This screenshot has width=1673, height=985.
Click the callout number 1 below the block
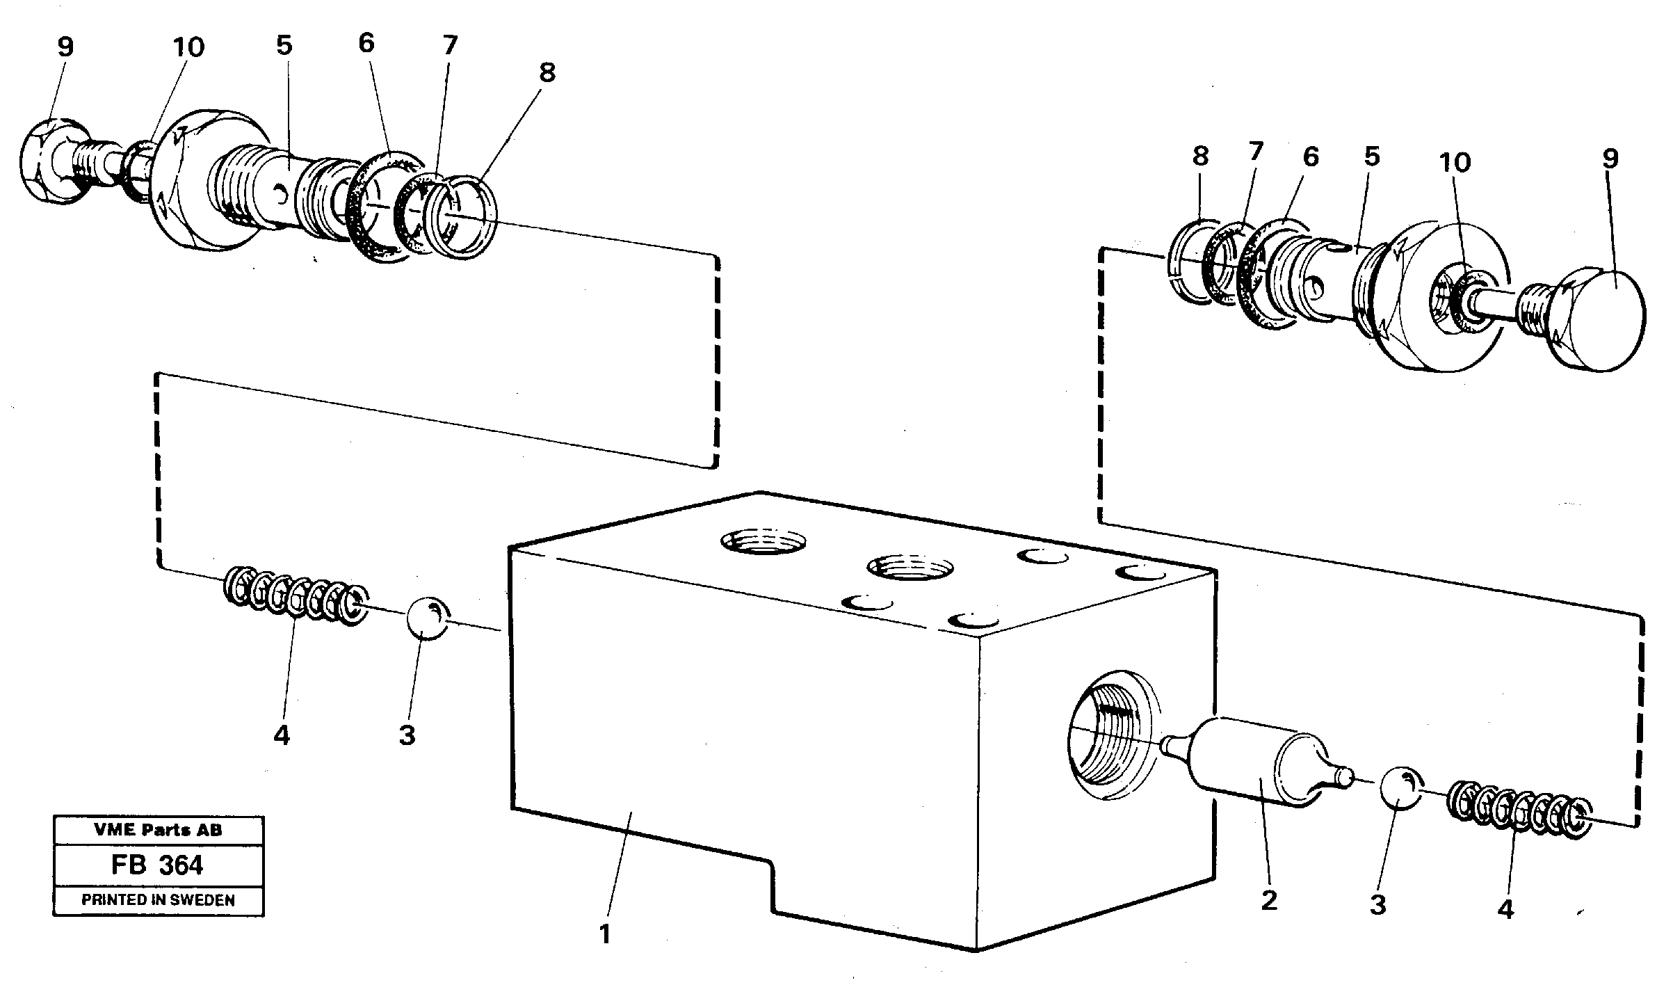pos(604,934)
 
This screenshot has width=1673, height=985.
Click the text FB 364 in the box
pos(157,865)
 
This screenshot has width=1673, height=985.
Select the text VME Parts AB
pos(158,829)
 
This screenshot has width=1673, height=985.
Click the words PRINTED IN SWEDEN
pos(158,900)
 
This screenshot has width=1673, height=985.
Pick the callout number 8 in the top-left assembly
pos(547,72)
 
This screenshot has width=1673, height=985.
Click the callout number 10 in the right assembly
pos(1455,162)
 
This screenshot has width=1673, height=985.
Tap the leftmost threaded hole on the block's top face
pos(763,542)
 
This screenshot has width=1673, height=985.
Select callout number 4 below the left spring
pos(281,735)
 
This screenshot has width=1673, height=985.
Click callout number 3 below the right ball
pos(1377,904)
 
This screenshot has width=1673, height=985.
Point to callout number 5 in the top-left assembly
pos(284,46)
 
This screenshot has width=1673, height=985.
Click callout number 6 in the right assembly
pos(1310,157)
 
